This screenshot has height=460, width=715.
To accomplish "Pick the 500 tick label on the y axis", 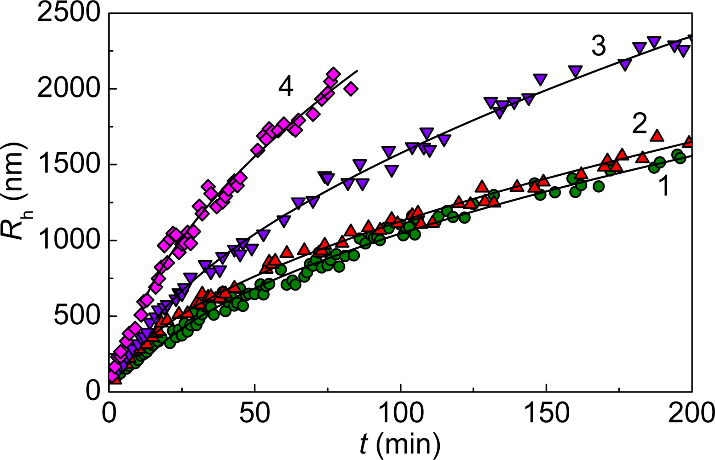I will point(76,316).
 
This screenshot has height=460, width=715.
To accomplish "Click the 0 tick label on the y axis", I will point(93,391).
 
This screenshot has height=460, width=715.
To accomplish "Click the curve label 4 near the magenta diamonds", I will point(286,86).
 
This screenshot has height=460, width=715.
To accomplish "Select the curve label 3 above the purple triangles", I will point(598,46).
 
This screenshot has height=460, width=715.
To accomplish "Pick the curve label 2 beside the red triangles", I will point(640,124).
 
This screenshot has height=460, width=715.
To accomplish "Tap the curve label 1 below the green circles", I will point(663,187).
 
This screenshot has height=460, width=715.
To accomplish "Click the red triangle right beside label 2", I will point(657,135).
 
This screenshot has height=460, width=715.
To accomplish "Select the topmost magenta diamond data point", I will point(333,74).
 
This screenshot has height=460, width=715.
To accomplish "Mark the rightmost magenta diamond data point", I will point(351,89).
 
